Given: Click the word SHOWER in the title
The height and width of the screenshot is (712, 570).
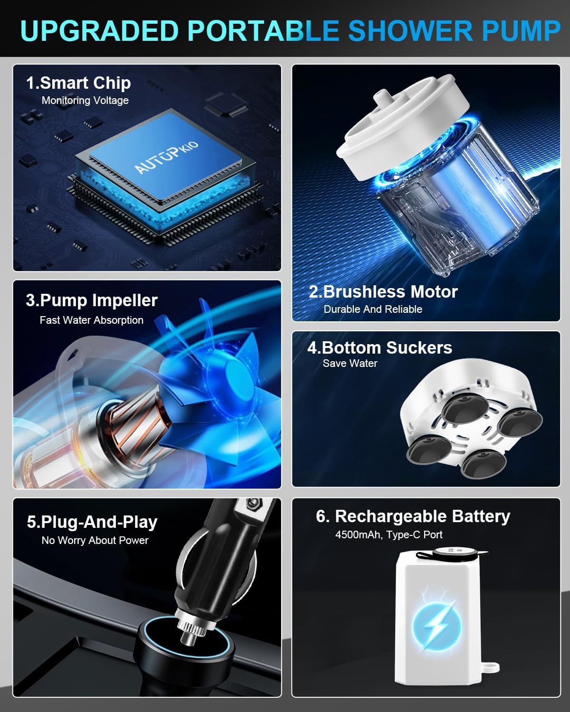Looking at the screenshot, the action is (410, 31).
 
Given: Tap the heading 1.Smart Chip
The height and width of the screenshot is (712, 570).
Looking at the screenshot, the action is (78, 83).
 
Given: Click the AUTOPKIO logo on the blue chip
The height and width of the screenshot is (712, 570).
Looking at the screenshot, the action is (166, 157).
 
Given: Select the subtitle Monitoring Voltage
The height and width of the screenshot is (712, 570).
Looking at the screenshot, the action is (85, 100).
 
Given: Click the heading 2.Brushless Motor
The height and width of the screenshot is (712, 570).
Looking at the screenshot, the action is (383, 292).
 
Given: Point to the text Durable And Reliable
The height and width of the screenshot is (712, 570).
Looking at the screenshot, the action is (373, 309).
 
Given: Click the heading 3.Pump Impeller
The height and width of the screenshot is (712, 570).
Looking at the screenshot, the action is (92, 300).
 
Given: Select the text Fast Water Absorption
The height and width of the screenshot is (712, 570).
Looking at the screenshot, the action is (91, 320).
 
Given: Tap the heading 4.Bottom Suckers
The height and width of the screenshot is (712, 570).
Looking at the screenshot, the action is (380, 348).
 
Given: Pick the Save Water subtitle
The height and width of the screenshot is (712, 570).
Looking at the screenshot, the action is (350, 363).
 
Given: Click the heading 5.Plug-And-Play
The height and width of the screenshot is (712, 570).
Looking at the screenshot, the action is (92, 523).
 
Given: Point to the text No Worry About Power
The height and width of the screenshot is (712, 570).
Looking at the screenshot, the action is (95, 540).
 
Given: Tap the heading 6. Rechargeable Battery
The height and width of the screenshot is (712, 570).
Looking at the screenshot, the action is (413, 516).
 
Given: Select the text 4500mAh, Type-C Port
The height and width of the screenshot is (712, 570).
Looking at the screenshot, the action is (389, 534).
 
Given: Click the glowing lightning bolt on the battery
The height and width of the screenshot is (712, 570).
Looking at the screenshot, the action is (437, 625).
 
